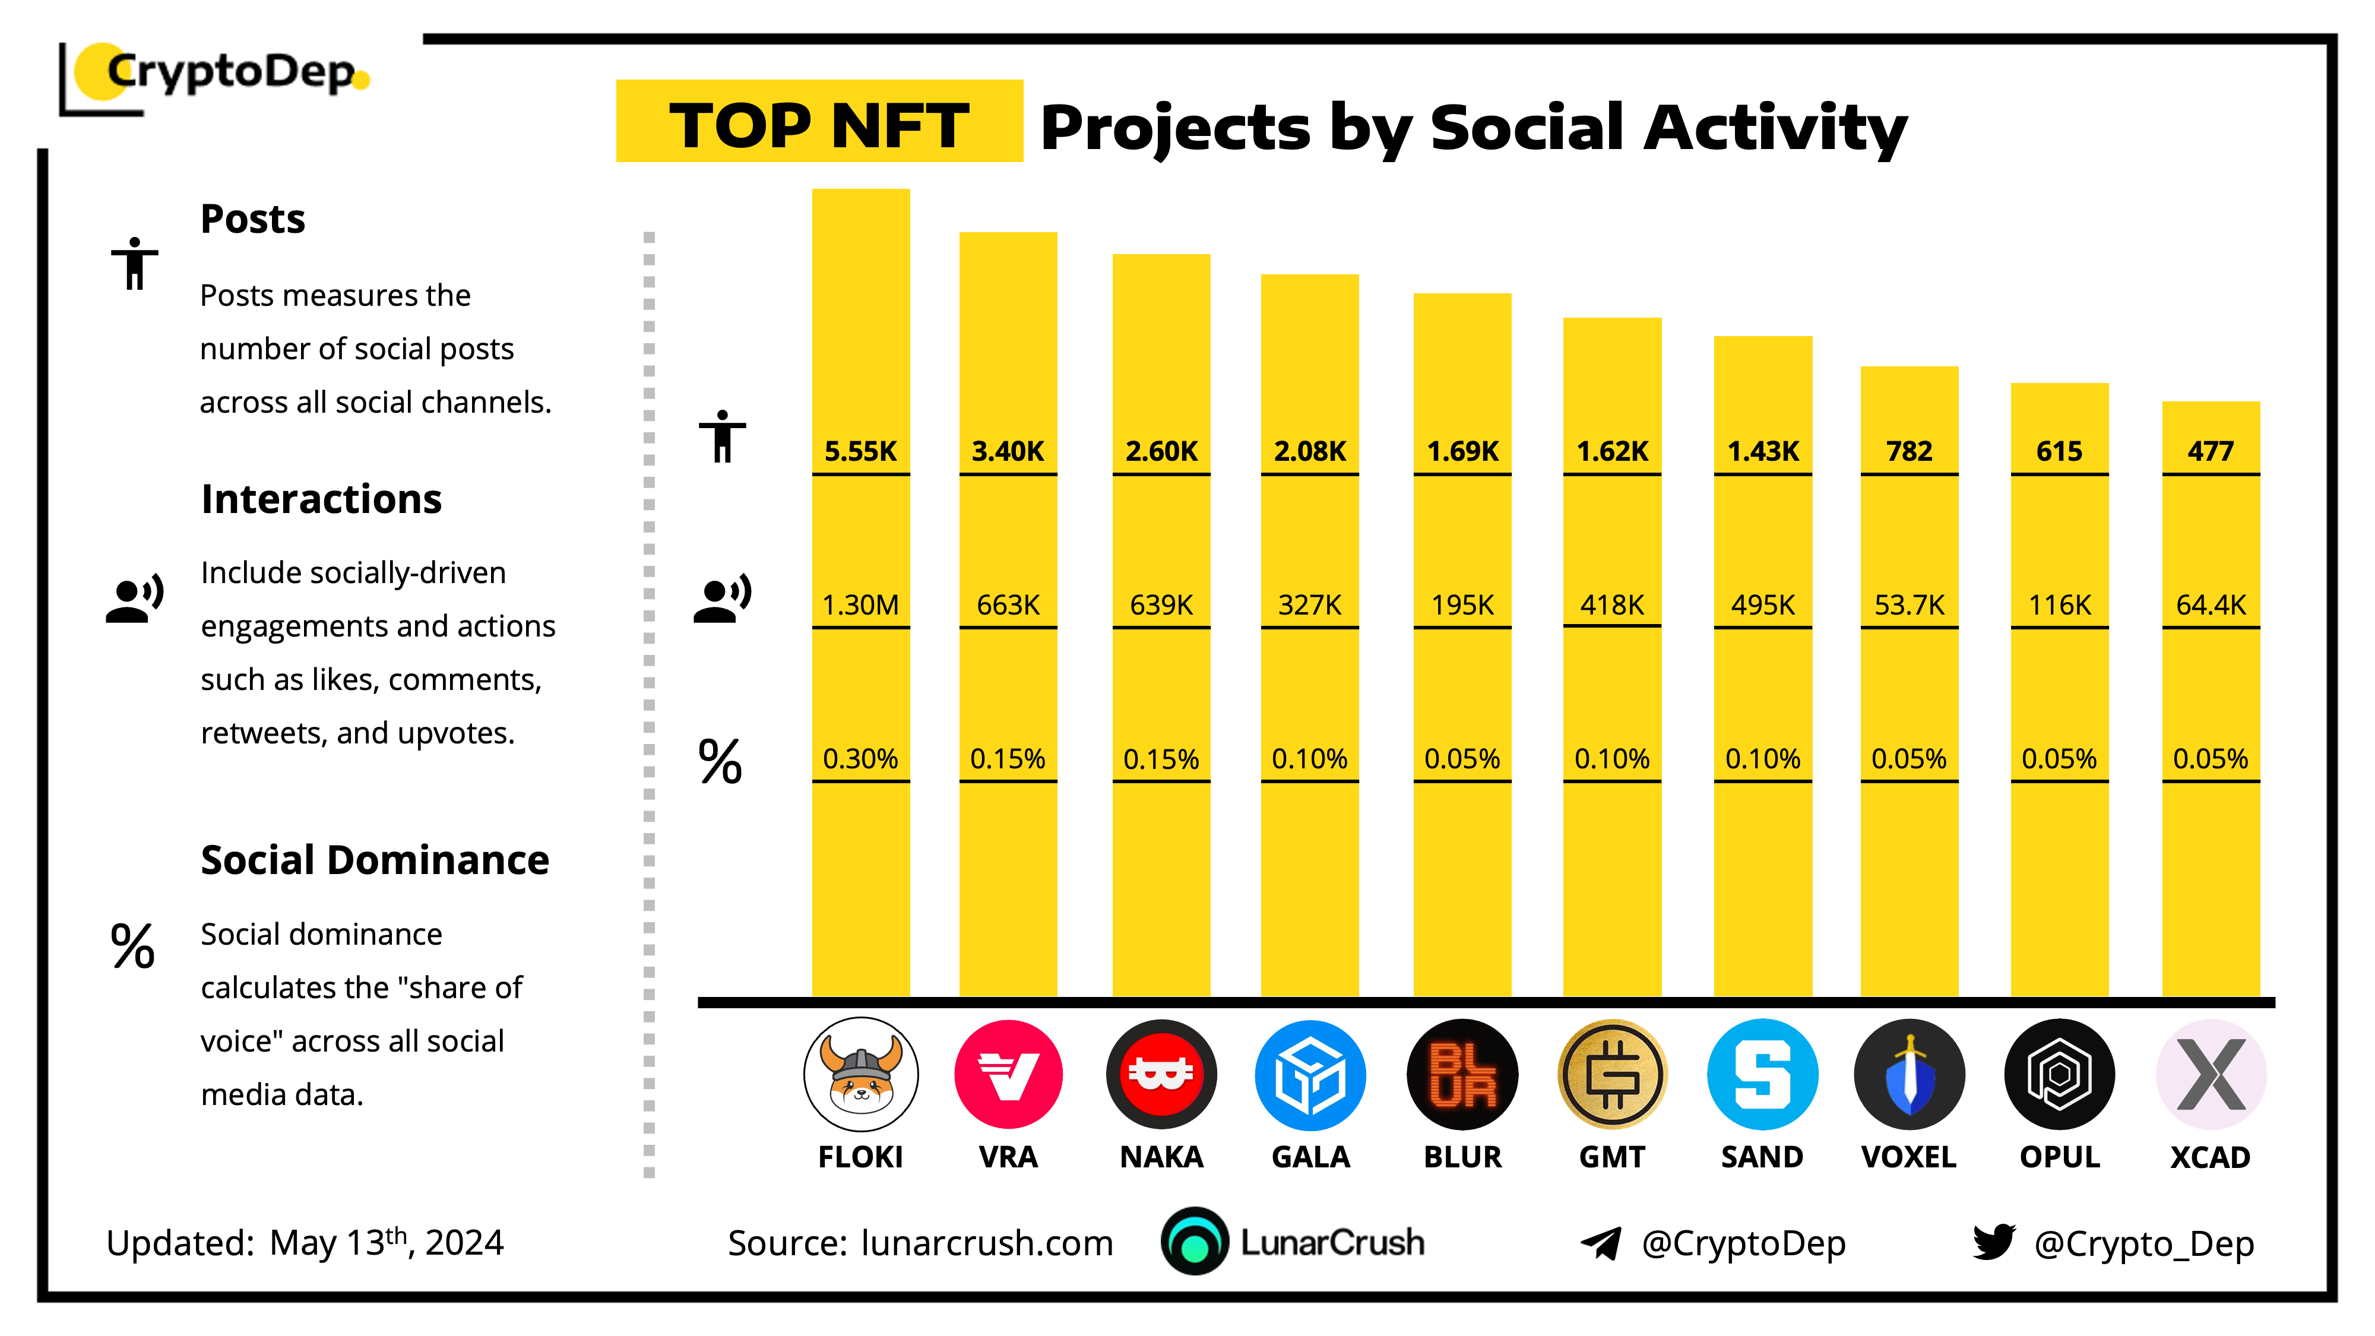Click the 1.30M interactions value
click(860, 605)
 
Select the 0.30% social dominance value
click(860, 759)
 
